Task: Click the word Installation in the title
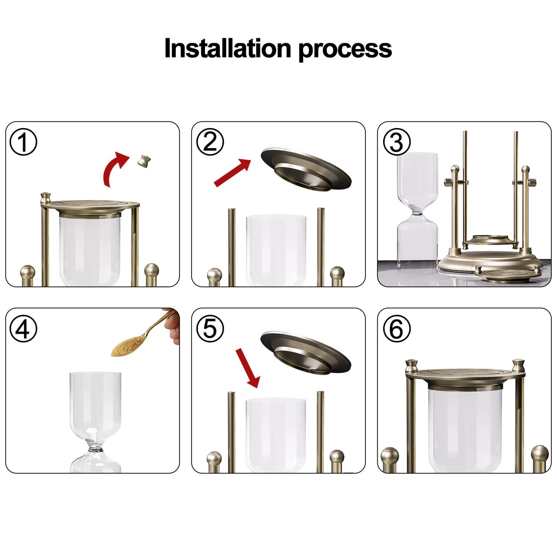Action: (227, 48)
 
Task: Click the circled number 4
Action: (23, 329)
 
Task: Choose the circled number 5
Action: (210, 329)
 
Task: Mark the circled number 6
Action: (397, 329)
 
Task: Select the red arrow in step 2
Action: (232, 172)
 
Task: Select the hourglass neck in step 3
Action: (417, 213)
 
